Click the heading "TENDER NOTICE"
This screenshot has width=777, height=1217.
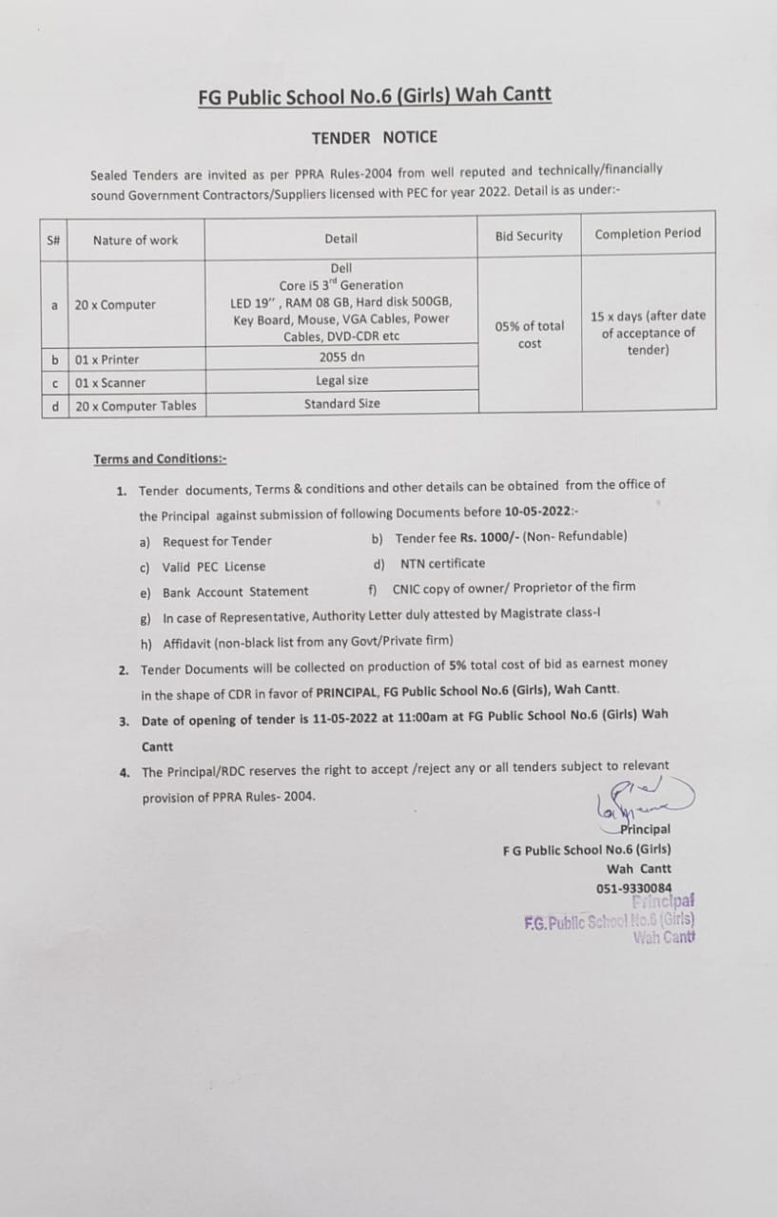375,138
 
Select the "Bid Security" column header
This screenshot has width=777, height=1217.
528,236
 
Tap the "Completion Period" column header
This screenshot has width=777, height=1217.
647,234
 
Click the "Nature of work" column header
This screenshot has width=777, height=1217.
135,241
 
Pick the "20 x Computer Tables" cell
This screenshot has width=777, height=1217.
136,406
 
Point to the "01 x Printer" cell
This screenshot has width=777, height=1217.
107,359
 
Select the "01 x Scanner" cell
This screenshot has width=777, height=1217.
110,383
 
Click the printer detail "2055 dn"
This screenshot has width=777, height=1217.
342,357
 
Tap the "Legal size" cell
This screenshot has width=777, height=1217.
342,380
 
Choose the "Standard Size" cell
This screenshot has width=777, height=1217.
342,404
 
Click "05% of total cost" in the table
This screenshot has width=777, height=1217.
530,335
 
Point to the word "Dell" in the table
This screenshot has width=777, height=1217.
341,268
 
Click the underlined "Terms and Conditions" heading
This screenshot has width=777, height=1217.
160,459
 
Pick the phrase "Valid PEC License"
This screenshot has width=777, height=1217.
214,567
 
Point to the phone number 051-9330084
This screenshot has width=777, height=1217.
633,888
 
